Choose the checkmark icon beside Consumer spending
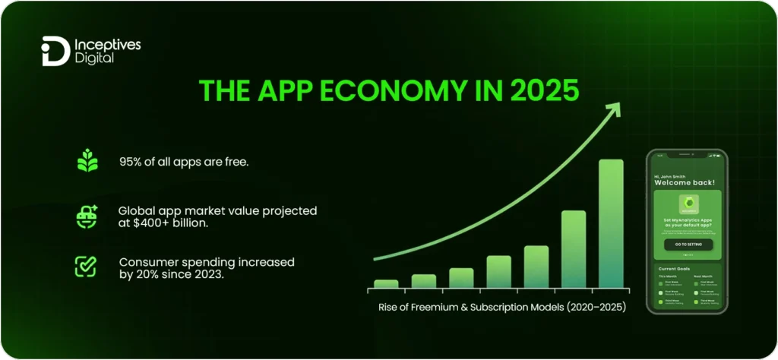pyautogui.click(x=85, y=267)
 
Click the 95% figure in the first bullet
pyautogui.click(x=129, y=162)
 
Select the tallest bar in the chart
pyautogui.click(x=610, y=223)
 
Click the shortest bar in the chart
pyautogui.click(x=386, y=284)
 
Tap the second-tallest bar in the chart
pyautogui.click(x=573, y=249)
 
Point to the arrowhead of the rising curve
pyautogui.click(x=612, y=109)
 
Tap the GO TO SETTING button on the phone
pyautogui.click(x=688, y=245)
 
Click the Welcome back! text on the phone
pyautogui.click(x=684, y=182)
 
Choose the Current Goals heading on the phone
pyautogui.click(x=672, y=269)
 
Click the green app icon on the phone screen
pyautogui.click(x=688, y=204)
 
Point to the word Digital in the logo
pyautogui.click(x=94, y=58)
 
